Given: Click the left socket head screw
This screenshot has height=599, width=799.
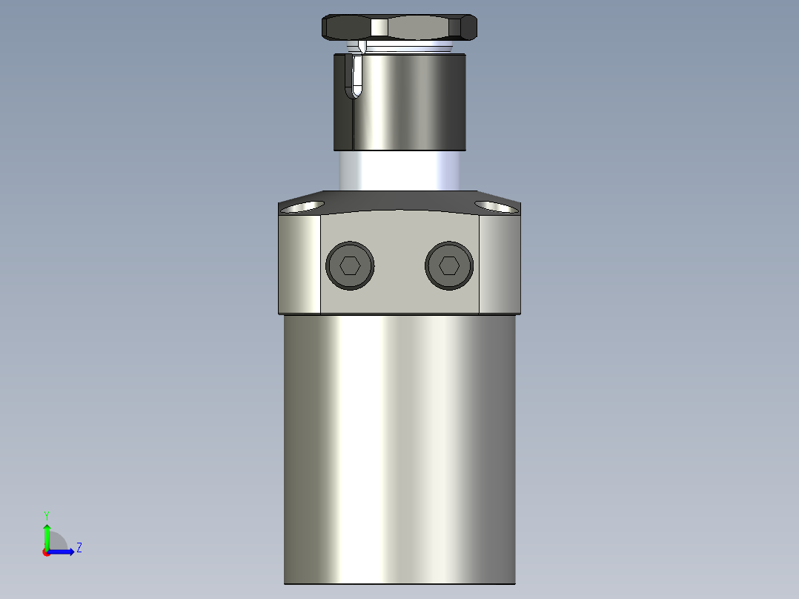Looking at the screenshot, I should [350, 265].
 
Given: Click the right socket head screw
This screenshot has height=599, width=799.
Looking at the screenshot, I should [449, 265].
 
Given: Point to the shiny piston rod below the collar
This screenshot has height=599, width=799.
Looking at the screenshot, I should [400, 171].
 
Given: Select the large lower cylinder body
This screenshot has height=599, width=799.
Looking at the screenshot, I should [400, 445].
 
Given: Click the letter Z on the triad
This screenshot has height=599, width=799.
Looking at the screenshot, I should [79, 548].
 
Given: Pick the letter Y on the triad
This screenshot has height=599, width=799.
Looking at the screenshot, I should [46, 514].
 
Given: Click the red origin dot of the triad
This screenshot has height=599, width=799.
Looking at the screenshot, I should [46, 552].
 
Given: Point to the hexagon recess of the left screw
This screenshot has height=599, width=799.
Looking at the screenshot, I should [350, 265].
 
